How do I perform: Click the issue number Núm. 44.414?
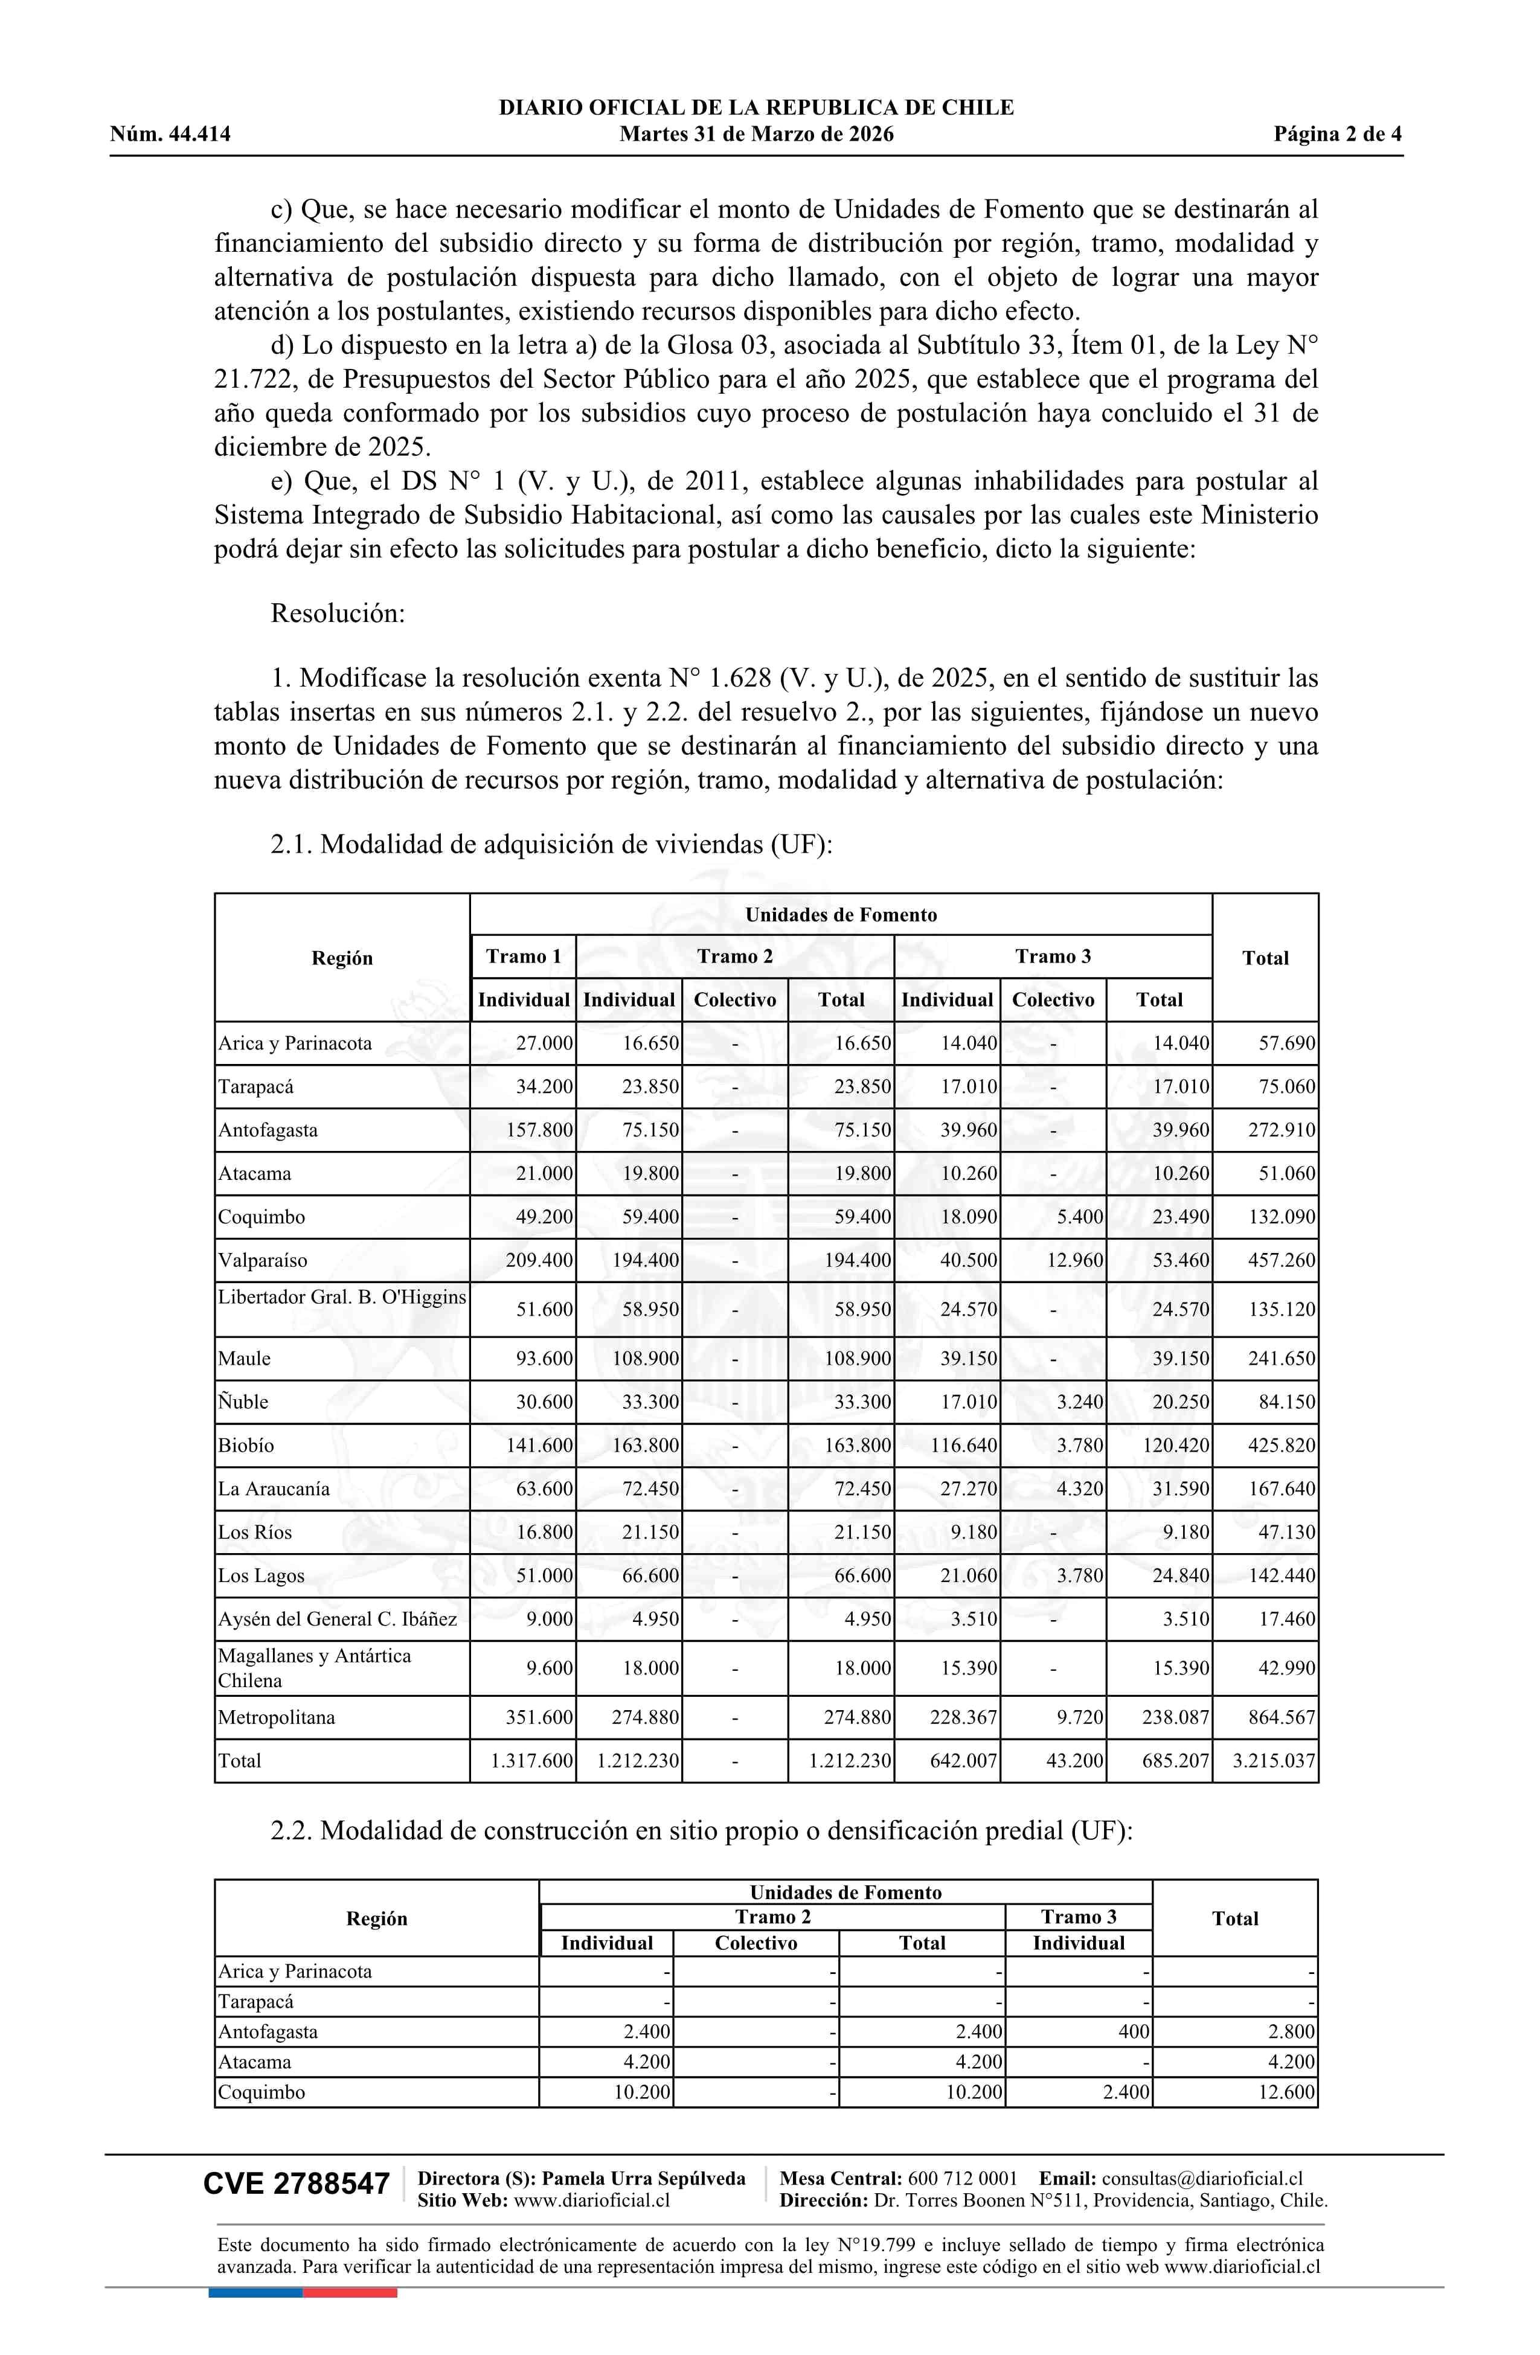[170, 135]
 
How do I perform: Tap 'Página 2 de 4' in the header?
[1337, 135]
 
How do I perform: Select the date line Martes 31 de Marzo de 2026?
[756, 135]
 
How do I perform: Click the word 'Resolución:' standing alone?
[338, 614]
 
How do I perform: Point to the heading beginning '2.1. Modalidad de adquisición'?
[551, 844]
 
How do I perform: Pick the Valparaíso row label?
[263, 1261]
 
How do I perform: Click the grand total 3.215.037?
[1274, 1760]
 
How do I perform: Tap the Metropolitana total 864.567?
[1282, 1717]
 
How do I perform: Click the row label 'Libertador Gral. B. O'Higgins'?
[341, 1297]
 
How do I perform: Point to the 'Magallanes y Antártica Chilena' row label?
[315, 1667]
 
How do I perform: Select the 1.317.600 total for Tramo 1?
[531, 1760]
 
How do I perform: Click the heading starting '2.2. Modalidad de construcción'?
[701, 1831]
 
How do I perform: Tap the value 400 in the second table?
[1133, 2031]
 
